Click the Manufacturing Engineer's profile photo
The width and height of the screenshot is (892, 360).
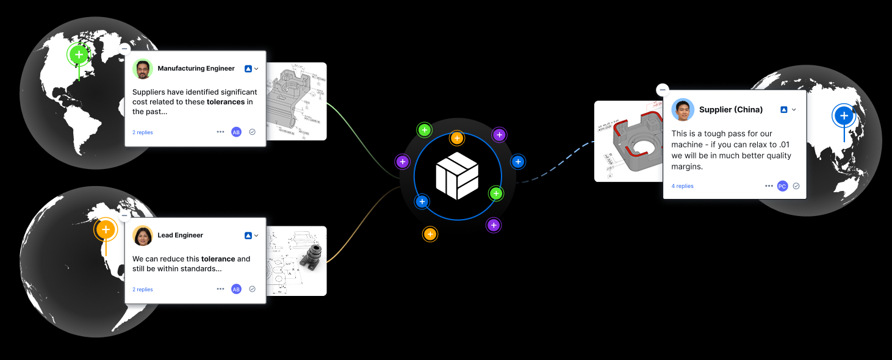pyautogui.click(x=142, y=69)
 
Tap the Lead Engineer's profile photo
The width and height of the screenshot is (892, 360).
pyautogui.click(x=142, y=236)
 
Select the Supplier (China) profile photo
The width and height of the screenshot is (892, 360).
pyautogui.click(x=683, y=110)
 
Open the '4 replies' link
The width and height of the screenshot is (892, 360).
pyautogui.click(x=682, y=186)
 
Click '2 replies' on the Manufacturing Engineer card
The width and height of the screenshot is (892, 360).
pyautogui.click(x=143, y=132)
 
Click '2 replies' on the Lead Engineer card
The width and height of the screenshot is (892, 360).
pyautogui.click(x=143, y=290)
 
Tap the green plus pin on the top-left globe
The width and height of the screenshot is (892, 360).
pyautogui.click(x=79, y=55)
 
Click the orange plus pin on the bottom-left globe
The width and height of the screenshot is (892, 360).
pyautogui.click(x=106, y=230)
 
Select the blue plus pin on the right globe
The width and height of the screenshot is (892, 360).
pyautogui.click(x=844, y=115)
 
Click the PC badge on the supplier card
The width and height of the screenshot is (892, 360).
pyautogui.click(x=782, y=186)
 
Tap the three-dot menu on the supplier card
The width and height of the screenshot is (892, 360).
pyautogui.click(x=769, y=186)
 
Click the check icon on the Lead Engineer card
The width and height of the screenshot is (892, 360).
pyautogui.click(x=252, y=289)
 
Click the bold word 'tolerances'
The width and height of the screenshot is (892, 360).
pyautogui.click(x=226, y=102)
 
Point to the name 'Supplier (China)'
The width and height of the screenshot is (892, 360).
pyautogui.click(x=731, y=110)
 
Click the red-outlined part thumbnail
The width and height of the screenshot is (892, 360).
pyautogui.click(x=629, y=142)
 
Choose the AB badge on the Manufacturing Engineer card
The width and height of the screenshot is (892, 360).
pyautogui.click(x=236, y=132)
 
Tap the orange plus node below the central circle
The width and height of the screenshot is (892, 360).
pyautogui.click(x=430, y=234)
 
